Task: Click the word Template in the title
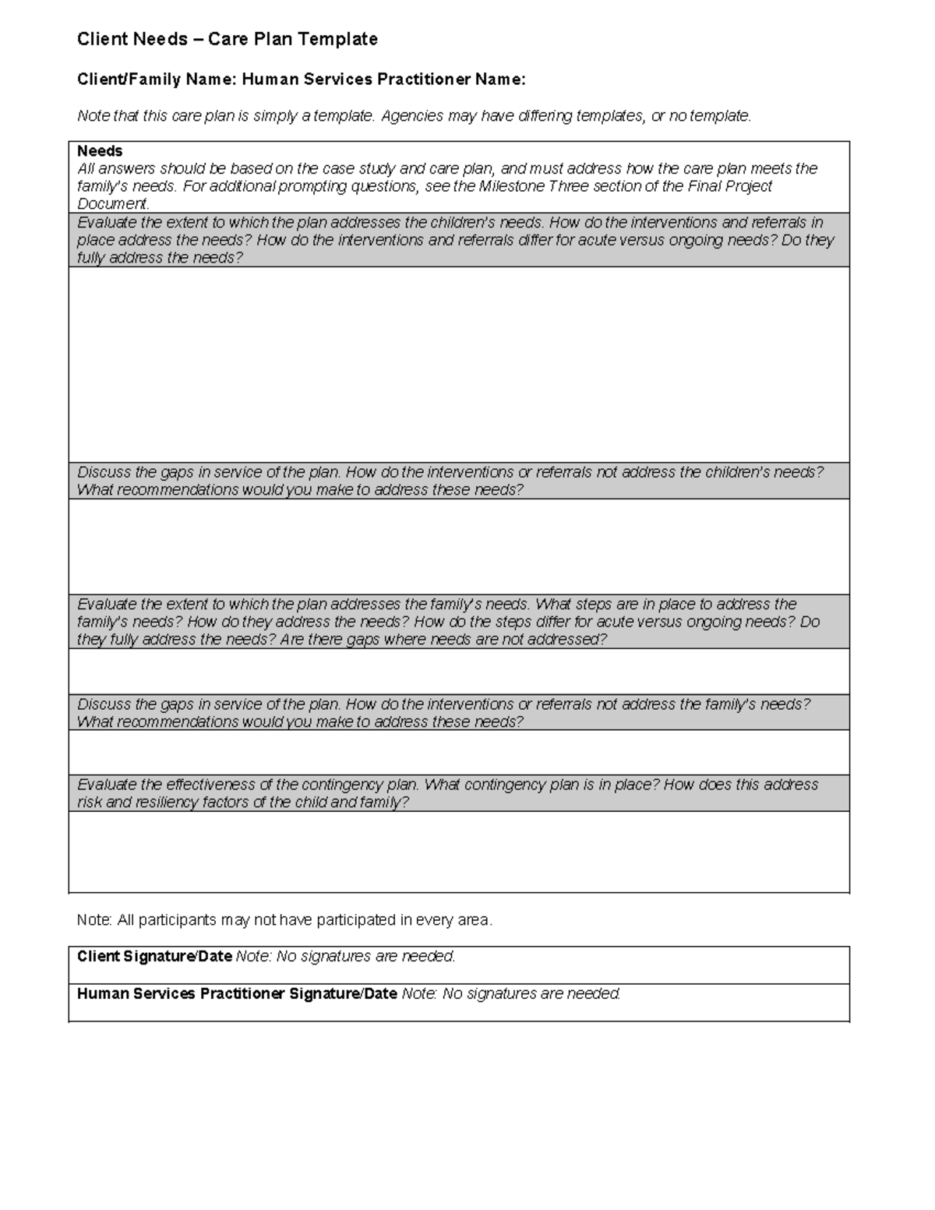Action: coord(340,39)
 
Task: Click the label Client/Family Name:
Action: coord(157,79)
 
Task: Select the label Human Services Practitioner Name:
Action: coord(383,79)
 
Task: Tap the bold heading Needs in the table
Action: coord(100,151)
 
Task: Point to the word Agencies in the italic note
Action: coord(411,116)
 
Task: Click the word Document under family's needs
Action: coord(111,204)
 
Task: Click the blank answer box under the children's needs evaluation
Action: coord(459,365)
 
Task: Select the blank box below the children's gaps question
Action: coord(459,547)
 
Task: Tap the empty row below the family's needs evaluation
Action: coord(459,671)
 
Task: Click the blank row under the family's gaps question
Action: coord(459,752)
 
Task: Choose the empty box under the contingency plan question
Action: coord(459,852)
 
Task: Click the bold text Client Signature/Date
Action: coord(154,957)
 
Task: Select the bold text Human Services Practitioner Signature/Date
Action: coord(237,994)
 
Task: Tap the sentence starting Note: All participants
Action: coord(284,920)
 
